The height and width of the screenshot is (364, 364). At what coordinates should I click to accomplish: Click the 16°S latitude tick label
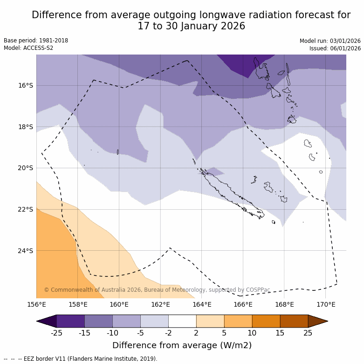[26, 85]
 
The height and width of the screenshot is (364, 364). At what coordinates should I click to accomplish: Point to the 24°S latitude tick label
[26, 251]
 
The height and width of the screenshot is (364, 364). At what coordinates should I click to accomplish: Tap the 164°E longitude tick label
[202, 305]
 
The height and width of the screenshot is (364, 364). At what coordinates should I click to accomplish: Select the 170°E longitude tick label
[326, 305]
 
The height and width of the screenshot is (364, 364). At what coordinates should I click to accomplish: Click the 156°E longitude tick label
[36, 305]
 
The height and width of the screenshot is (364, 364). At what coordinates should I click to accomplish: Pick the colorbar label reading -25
[56, 333]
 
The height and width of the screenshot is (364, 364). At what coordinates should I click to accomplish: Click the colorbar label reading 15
[280, 333]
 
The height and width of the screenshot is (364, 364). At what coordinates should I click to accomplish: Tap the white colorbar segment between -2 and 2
[182, 321]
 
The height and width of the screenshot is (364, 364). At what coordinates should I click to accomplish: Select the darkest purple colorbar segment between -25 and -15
[70, 321]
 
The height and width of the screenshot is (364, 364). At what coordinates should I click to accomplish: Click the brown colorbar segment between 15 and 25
[294, 321]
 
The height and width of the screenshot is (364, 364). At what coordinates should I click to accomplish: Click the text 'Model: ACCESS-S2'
[28, 48]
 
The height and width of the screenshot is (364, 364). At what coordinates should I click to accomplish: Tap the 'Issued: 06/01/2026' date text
[335, 48]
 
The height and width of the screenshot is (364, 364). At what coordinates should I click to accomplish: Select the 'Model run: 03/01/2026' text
[330, 41]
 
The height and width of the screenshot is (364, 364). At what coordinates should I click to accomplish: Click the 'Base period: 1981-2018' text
[36, 41]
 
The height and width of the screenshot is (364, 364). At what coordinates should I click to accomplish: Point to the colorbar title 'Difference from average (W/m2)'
[182, 345]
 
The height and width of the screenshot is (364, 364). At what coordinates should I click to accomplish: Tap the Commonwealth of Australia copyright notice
[157, 290]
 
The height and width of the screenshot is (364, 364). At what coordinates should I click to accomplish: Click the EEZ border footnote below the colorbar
[81, 359]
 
